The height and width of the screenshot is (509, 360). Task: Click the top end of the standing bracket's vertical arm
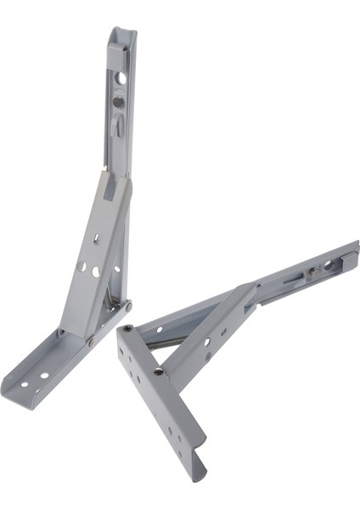pos(122,31)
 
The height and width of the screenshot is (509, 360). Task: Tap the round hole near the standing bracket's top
pos(121,77)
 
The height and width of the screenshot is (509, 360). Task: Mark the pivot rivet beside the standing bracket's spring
pos(127,303)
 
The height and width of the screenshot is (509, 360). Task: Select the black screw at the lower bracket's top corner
pos(127,330)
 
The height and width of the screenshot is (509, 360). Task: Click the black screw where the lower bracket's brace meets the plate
pos(158,371)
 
